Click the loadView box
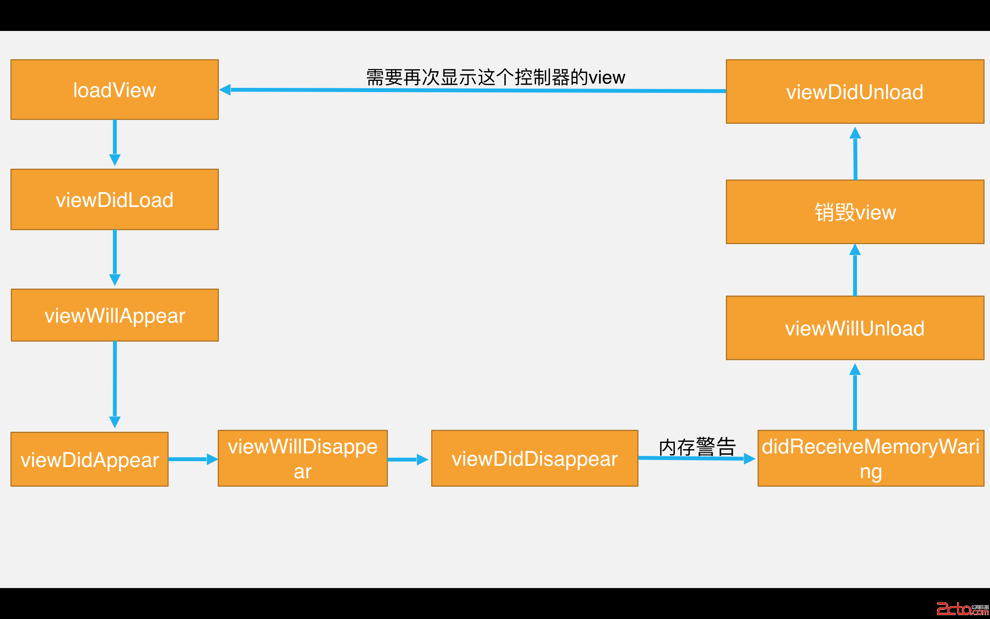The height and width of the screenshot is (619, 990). (114, 90)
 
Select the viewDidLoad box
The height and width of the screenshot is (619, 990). (114, 199)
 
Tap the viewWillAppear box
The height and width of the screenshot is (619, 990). (114, 315)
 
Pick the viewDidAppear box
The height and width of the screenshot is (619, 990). (89, 459)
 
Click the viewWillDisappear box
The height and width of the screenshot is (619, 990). (302, 458)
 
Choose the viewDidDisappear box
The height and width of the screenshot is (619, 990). (534, 458)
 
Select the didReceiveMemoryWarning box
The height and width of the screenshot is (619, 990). (871, 458)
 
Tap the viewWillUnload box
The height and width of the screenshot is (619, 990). (855, 328)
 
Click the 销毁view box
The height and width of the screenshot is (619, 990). (855, 212)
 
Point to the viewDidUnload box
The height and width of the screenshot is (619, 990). (855, 91)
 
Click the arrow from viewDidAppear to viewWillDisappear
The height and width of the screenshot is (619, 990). (192, 459)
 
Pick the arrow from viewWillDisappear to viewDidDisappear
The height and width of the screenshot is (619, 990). (408, 459)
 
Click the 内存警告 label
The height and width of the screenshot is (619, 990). (697, 446)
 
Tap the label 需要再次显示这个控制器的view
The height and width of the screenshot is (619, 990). (495, 77)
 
